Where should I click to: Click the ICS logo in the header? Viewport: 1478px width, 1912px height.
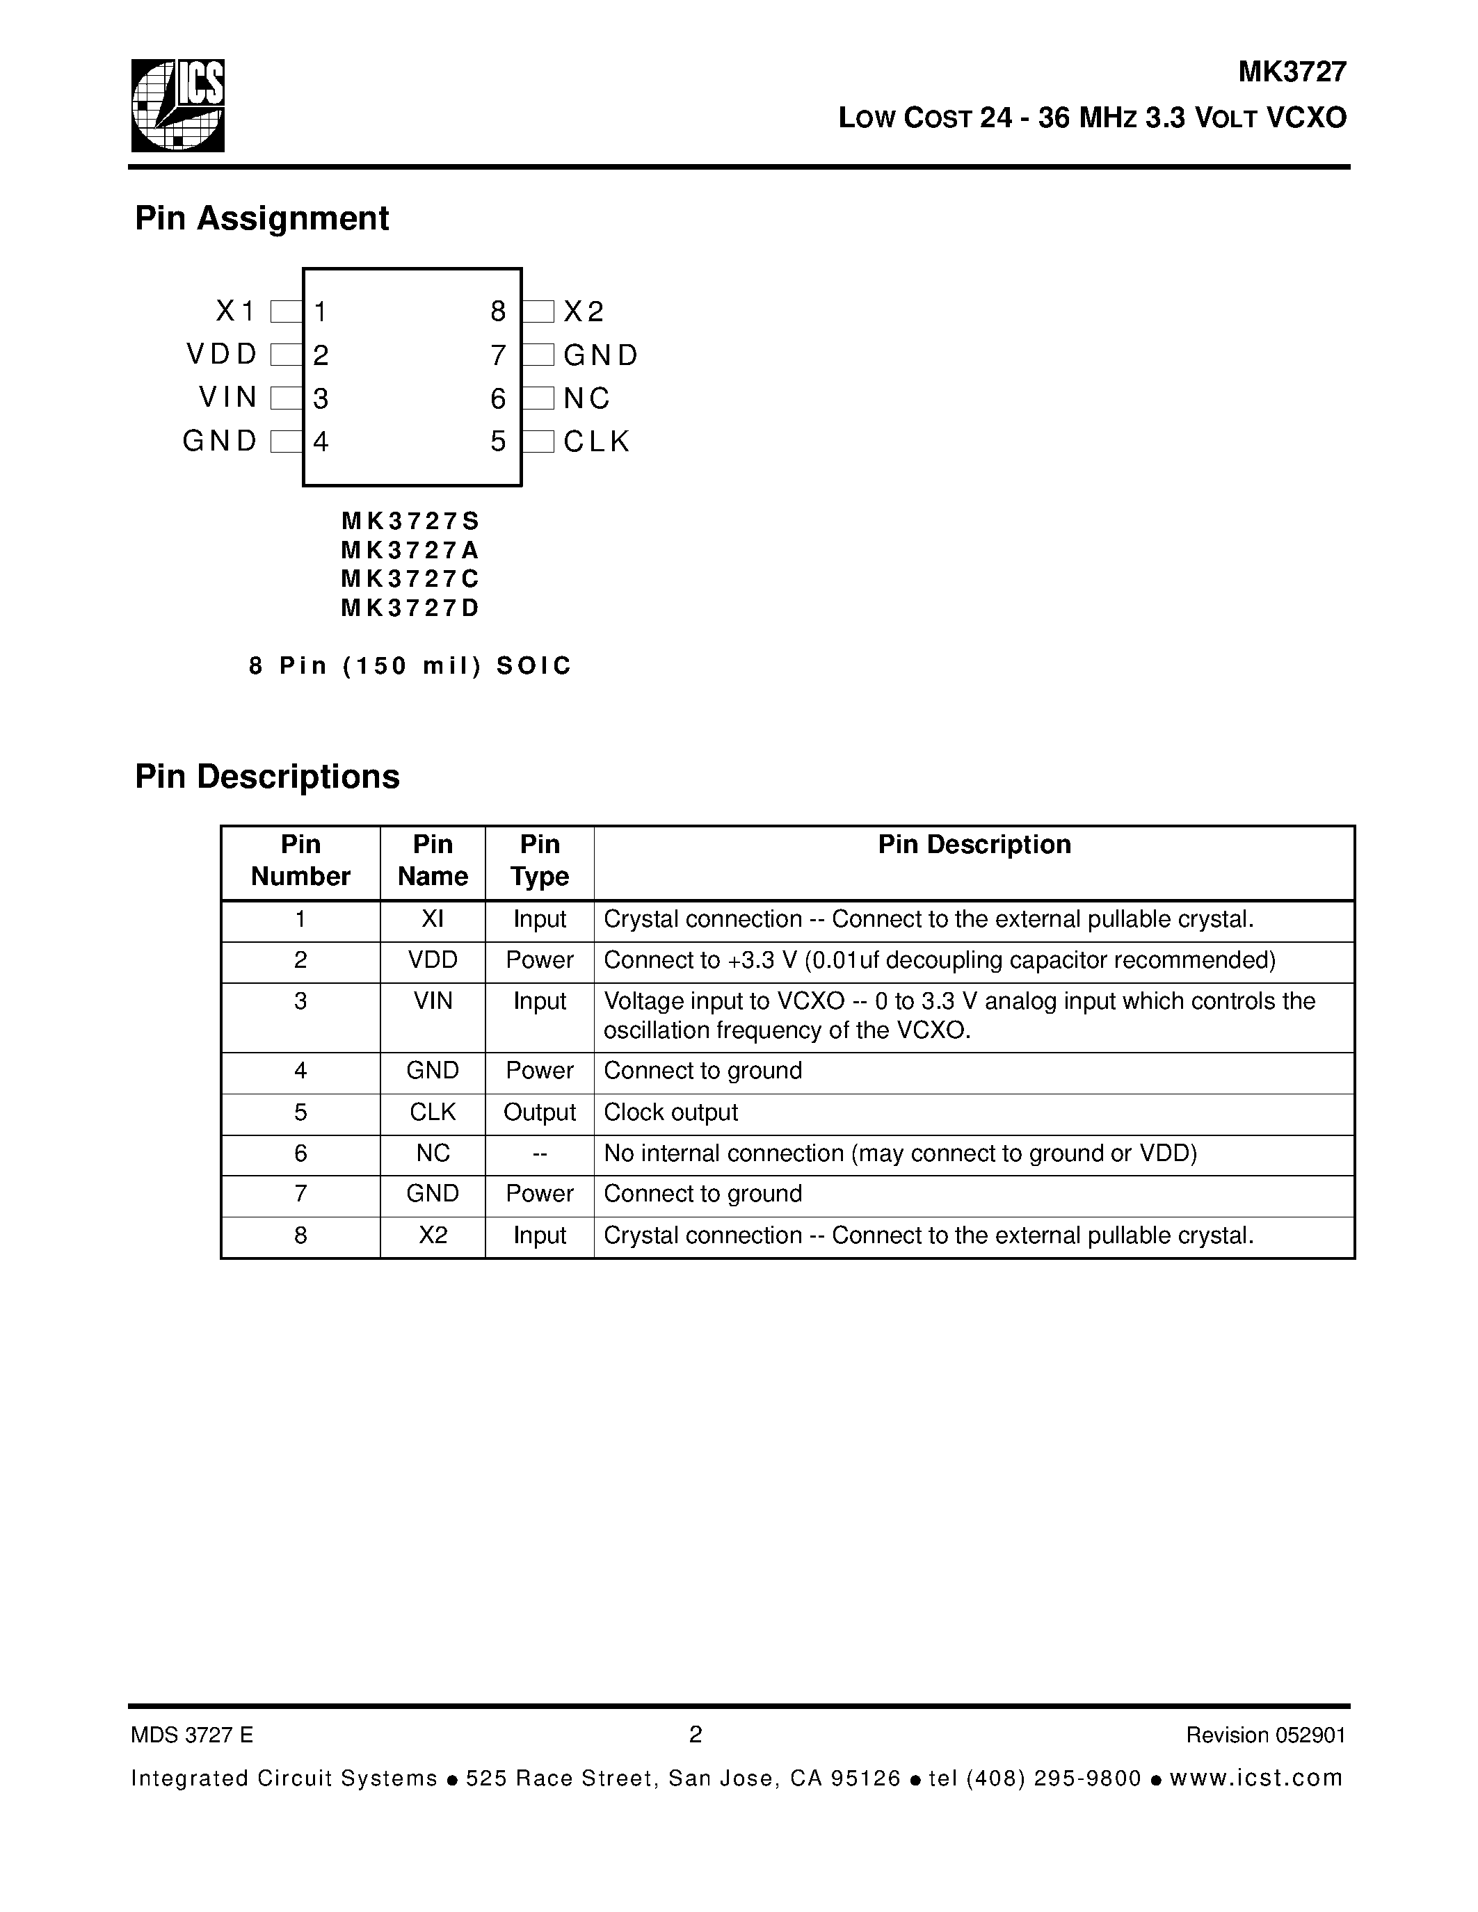pos(178,105)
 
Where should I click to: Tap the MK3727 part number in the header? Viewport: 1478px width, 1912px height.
pos(1292,72)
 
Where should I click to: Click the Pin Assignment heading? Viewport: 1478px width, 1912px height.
pos(261,218)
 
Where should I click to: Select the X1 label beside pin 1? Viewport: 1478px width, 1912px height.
pos(234,311)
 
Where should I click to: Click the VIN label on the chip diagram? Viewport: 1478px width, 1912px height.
pos(227,398)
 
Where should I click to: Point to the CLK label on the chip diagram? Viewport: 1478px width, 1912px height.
pos(596,441)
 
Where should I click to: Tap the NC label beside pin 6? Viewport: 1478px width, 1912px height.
pos(586,398)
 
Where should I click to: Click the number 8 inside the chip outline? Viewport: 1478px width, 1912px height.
pos(497,311)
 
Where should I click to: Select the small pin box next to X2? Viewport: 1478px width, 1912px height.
pos(538,311)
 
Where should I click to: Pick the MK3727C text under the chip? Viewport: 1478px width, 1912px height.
pos(410,578)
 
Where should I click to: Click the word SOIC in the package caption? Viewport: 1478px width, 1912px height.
pos(533,665)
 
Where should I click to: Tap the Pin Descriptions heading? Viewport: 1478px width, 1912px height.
pos(267,777)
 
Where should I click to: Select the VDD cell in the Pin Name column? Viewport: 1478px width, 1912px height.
pos(433,960)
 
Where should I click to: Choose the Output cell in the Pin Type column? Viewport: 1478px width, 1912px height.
pos(539,1112)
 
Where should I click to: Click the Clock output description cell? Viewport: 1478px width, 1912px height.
pos(670,1112)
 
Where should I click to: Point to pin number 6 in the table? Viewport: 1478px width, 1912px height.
pos(300,1154)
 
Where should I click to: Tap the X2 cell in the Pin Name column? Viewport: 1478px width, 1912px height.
pos(433,1235)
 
